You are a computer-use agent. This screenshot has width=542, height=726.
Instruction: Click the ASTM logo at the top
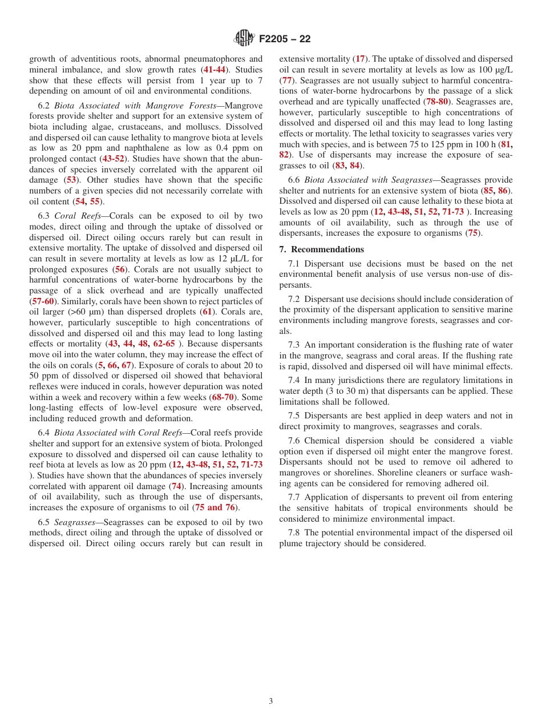pos(245,39)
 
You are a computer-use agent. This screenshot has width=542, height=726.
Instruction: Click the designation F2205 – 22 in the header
pos(285,39)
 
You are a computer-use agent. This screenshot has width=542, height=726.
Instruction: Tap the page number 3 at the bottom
pos(271,701)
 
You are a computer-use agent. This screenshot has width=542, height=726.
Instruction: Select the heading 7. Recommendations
pos(321,249)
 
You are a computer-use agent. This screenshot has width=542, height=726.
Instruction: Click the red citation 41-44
pos(215,69)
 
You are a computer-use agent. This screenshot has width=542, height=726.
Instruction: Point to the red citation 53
pos(71,180)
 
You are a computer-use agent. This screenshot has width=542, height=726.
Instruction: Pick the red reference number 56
pos(120,269)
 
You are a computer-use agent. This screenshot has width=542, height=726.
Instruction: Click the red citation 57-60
pos(43,301)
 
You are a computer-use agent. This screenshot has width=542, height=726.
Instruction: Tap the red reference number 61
pos(207,312)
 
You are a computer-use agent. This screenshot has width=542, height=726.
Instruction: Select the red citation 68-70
pos(223,397)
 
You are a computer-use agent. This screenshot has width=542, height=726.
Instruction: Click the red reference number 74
pos(176,486)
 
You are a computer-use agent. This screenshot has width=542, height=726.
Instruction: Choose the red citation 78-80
pos(435,102)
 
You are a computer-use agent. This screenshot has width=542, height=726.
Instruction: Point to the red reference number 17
pos(360,59)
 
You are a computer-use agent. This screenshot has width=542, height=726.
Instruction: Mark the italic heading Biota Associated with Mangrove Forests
pos(150,106)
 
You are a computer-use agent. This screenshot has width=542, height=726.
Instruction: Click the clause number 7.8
pos(296,533)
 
